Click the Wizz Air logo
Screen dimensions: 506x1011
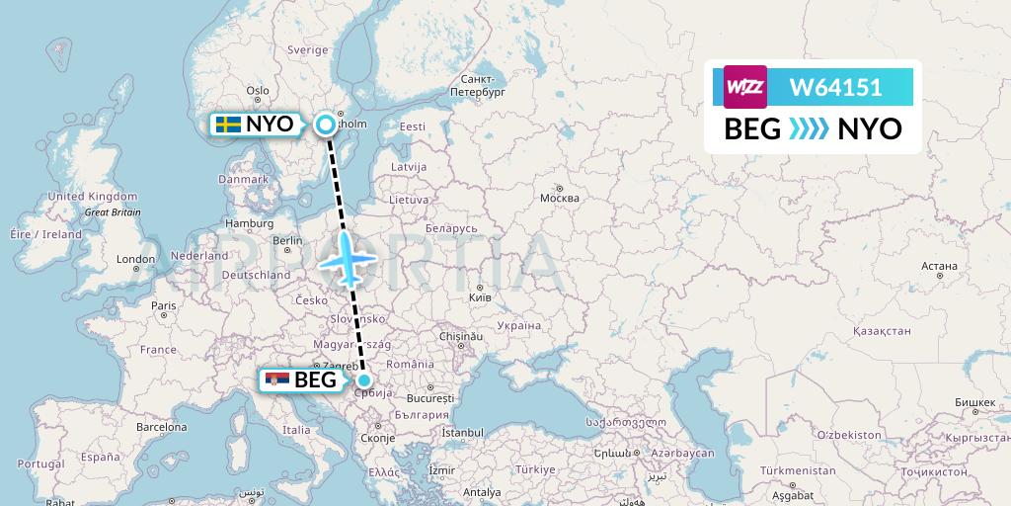pos(745,87)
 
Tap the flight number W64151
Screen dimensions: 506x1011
pos(835,87)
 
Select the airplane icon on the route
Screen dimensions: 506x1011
pos(350,259)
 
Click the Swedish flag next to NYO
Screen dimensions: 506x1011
pos(229,125)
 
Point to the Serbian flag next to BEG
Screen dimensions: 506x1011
pos(277,380)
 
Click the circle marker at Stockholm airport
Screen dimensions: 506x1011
pos(325,125)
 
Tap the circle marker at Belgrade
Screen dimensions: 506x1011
pos(365,380)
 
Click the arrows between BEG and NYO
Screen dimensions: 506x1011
pos(809,129)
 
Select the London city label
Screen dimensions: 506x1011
pos(134,259)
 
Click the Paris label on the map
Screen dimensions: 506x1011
pos(164,306)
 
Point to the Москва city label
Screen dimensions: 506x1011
pos(559,198)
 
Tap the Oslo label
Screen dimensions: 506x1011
pos(258,91)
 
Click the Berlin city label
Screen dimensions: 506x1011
pos(288,240)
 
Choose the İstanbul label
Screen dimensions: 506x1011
pos(462,432)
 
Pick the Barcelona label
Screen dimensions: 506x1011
pos(161,428)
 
